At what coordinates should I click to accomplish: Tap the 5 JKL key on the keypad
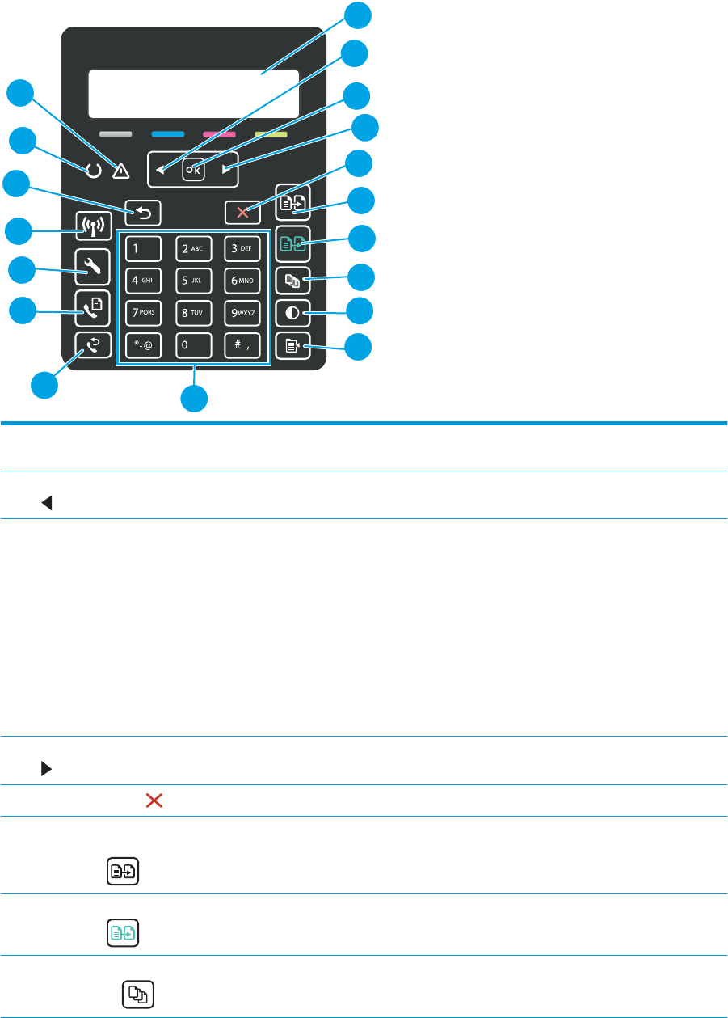[193, 281]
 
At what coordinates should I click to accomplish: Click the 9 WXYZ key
[242, 313]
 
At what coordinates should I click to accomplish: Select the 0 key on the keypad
[193, 345]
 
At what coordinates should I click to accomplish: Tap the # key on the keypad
[242, 345]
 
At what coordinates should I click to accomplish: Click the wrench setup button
[93, 267]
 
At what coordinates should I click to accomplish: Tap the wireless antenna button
[93, 226]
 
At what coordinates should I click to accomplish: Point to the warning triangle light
[121, 171]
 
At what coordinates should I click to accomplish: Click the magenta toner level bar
[219, 134]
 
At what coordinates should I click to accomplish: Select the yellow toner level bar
[271, 134]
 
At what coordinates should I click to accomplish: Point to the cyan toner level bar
[168, 134]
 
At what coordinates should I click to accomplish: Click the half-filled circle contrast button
[293, 313]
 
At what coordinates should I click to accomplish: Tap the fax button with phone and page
[93, 308]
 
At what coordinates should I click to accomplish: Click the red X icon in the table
[154, 800]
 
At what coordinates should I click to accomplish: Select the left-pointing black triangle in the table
[47, 503]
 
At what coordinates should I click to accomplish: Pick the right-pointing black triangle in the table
[46, 768]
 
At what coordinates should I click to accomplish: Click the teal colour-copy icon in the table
[123, 933]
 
